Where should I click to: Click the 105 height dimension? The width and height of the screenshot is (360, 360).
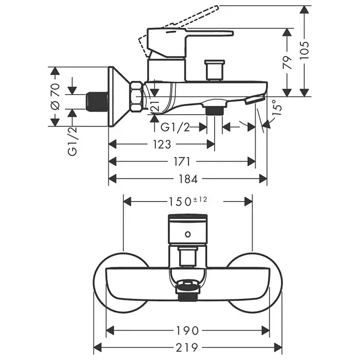(305, 49)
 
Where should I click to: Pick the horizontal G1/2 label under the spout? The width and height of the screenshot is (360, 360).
(175, 127)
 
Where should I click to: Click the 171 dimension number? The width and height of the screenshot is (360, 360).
(182, 161)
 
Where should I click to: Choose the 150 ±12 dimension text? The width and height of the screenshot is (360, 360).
(188, 201)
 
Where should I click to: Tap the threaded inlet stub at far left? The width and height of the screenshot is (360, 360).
(98, 101)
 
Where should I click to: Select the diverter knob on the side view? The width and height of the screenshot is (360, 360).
(214, 70)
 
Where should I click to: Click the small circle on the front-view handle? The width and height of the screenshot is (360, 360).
(189, 234)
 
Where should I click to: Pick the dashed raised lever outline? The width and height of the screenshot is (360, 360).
(185, 21)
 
